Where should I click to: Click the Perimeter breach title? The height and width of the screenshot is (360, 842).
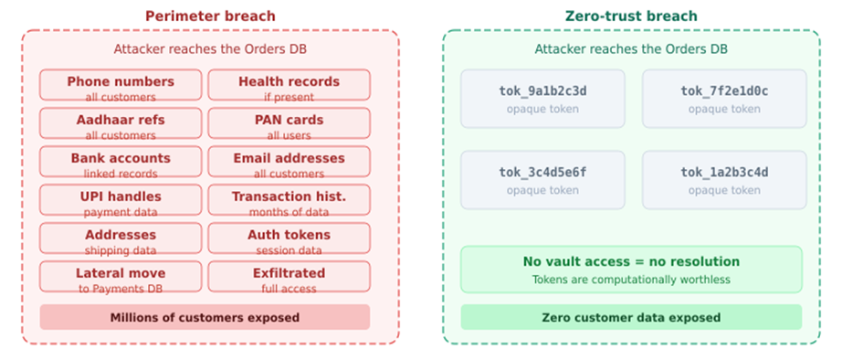210,16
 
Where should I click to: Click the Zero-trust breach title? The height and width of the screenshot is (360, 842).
631,16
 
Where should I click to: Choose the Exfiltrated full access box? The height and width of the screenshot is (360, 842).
289,278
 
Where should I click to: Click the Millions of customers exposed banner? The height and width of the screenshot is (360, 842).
205,317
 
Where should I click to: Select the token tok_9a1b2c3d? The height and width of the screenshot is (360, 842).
542,99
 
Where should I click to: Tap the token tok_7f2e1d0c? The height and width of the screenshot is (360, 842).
724,99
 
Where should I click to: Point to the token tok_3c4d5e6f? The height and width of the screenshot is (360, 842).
542,180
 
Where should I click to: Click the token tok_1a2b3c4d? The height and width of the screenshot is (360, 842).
724,180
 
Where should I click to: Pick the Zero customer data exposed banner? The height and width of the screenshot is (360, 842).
631,317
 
